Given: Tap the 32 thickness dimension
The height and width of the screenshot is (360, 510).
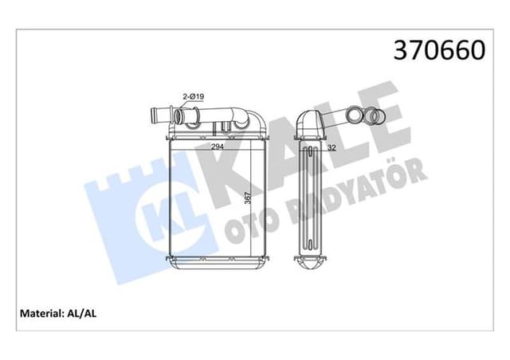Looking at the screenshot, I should pos(331,147).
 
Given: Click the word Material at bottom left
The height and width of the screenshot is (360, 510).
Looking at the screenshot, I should pos(38,314).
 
